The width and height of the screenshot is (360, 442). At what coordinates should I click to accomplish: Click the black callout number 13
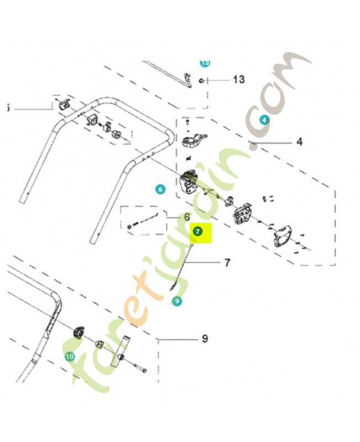239,80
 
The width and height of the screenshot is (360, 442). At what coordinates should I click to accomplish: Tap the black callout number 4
299,141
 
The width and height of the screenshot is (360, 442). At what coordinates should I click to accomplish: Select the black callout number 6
187,217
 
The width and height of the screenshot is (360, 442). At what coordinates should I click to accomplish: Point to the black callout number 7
227,262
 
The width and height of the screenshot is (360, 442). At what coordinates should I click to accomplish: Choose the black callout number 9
205,338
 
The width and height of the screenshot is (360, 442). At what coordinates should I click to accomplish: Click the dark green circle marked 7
198,231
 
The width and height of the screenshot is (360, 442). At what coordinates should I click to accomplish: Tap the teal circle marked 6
160,189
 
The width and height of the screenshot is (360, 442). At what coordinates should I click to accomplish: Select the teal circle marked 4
264,120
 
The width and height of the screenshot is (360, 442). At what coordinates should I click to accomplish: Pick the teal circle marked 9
177,301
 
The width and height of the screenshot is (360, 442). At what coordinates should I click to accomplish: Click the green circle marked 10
70,356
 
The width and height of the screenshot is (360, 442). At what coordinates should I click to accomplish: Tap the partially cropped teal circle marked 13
205,63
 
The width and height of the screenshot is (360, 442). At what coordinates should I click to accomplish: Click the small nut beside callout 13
202,81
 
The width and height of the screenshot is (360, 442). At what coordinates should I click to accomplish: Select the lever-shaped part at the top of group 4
194,140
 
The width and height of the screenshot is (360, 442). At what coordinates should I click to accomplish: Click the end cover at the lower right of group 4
283,236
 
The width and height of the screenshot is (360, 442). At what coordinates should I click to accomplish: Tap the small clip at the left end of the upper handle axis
65,105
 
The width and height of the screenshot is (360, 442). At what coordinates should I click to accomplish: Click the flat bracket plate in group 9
120,351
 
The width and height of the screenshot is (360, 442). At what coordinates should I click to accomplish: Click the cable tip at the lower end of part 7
173,287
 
